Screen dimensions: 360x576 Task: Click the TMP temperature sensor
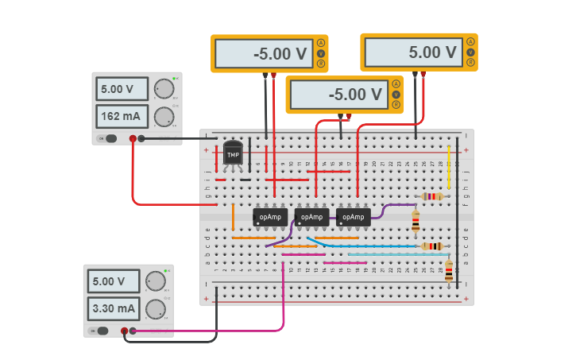point(233,152)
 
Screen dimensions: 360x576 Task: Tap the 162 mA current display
point(122,117)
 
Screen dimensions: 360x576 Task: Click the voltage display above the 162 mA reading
point(122,88)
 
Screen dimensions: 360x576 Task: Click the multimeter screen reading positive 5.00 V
point(412,53)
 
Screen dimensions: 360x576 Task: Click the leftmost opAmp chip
point(269,216)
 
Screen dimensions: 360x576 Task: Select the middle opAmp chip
point(311,216)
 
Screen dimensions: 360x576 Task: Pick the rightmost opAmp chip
point(352,216)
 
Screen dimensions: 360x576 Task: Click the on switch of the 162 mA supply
point(107,139)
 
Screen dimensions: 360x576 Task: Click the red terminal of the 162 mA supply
point(132,139)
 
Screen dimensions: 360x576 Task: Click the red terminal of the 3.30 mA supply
point(124,331)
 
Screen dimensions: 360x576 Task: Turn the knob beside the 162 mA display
point(164,117)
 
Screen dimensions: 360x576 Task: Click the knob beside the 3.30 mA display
point(157,308)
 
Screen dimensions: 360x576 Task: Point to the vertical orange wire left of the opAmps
point(233,216)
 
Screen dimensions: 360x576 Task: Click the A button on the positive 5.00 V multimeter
point(471,42)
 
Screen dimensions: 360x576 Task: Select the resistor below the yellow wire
point(431,196)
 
